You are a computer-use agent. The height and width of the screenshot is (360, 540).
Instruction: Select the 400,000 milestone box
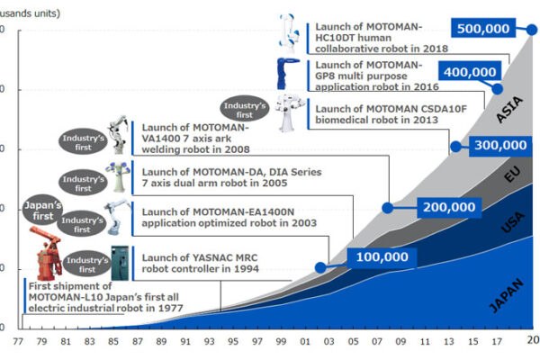point(468,72)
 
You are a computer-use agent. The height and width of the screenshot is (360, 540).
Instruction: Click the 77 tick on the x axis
point(17,342)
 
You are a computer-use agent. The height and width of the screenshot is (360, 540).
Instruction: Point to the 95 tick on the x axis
point(232,342)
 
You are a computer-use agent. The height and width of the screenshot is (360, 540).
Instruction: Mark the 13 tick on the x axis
point(448,342)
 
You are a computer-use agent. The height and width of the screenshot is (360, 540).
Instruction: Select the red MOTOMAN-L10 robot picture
point(49,251)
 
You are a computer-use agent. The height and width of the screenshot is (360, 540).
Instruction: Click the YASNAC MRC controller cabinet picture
point(118,261)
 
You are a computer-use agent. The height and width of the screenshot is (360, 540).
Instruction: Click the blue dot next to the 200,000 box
point(388,207)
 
